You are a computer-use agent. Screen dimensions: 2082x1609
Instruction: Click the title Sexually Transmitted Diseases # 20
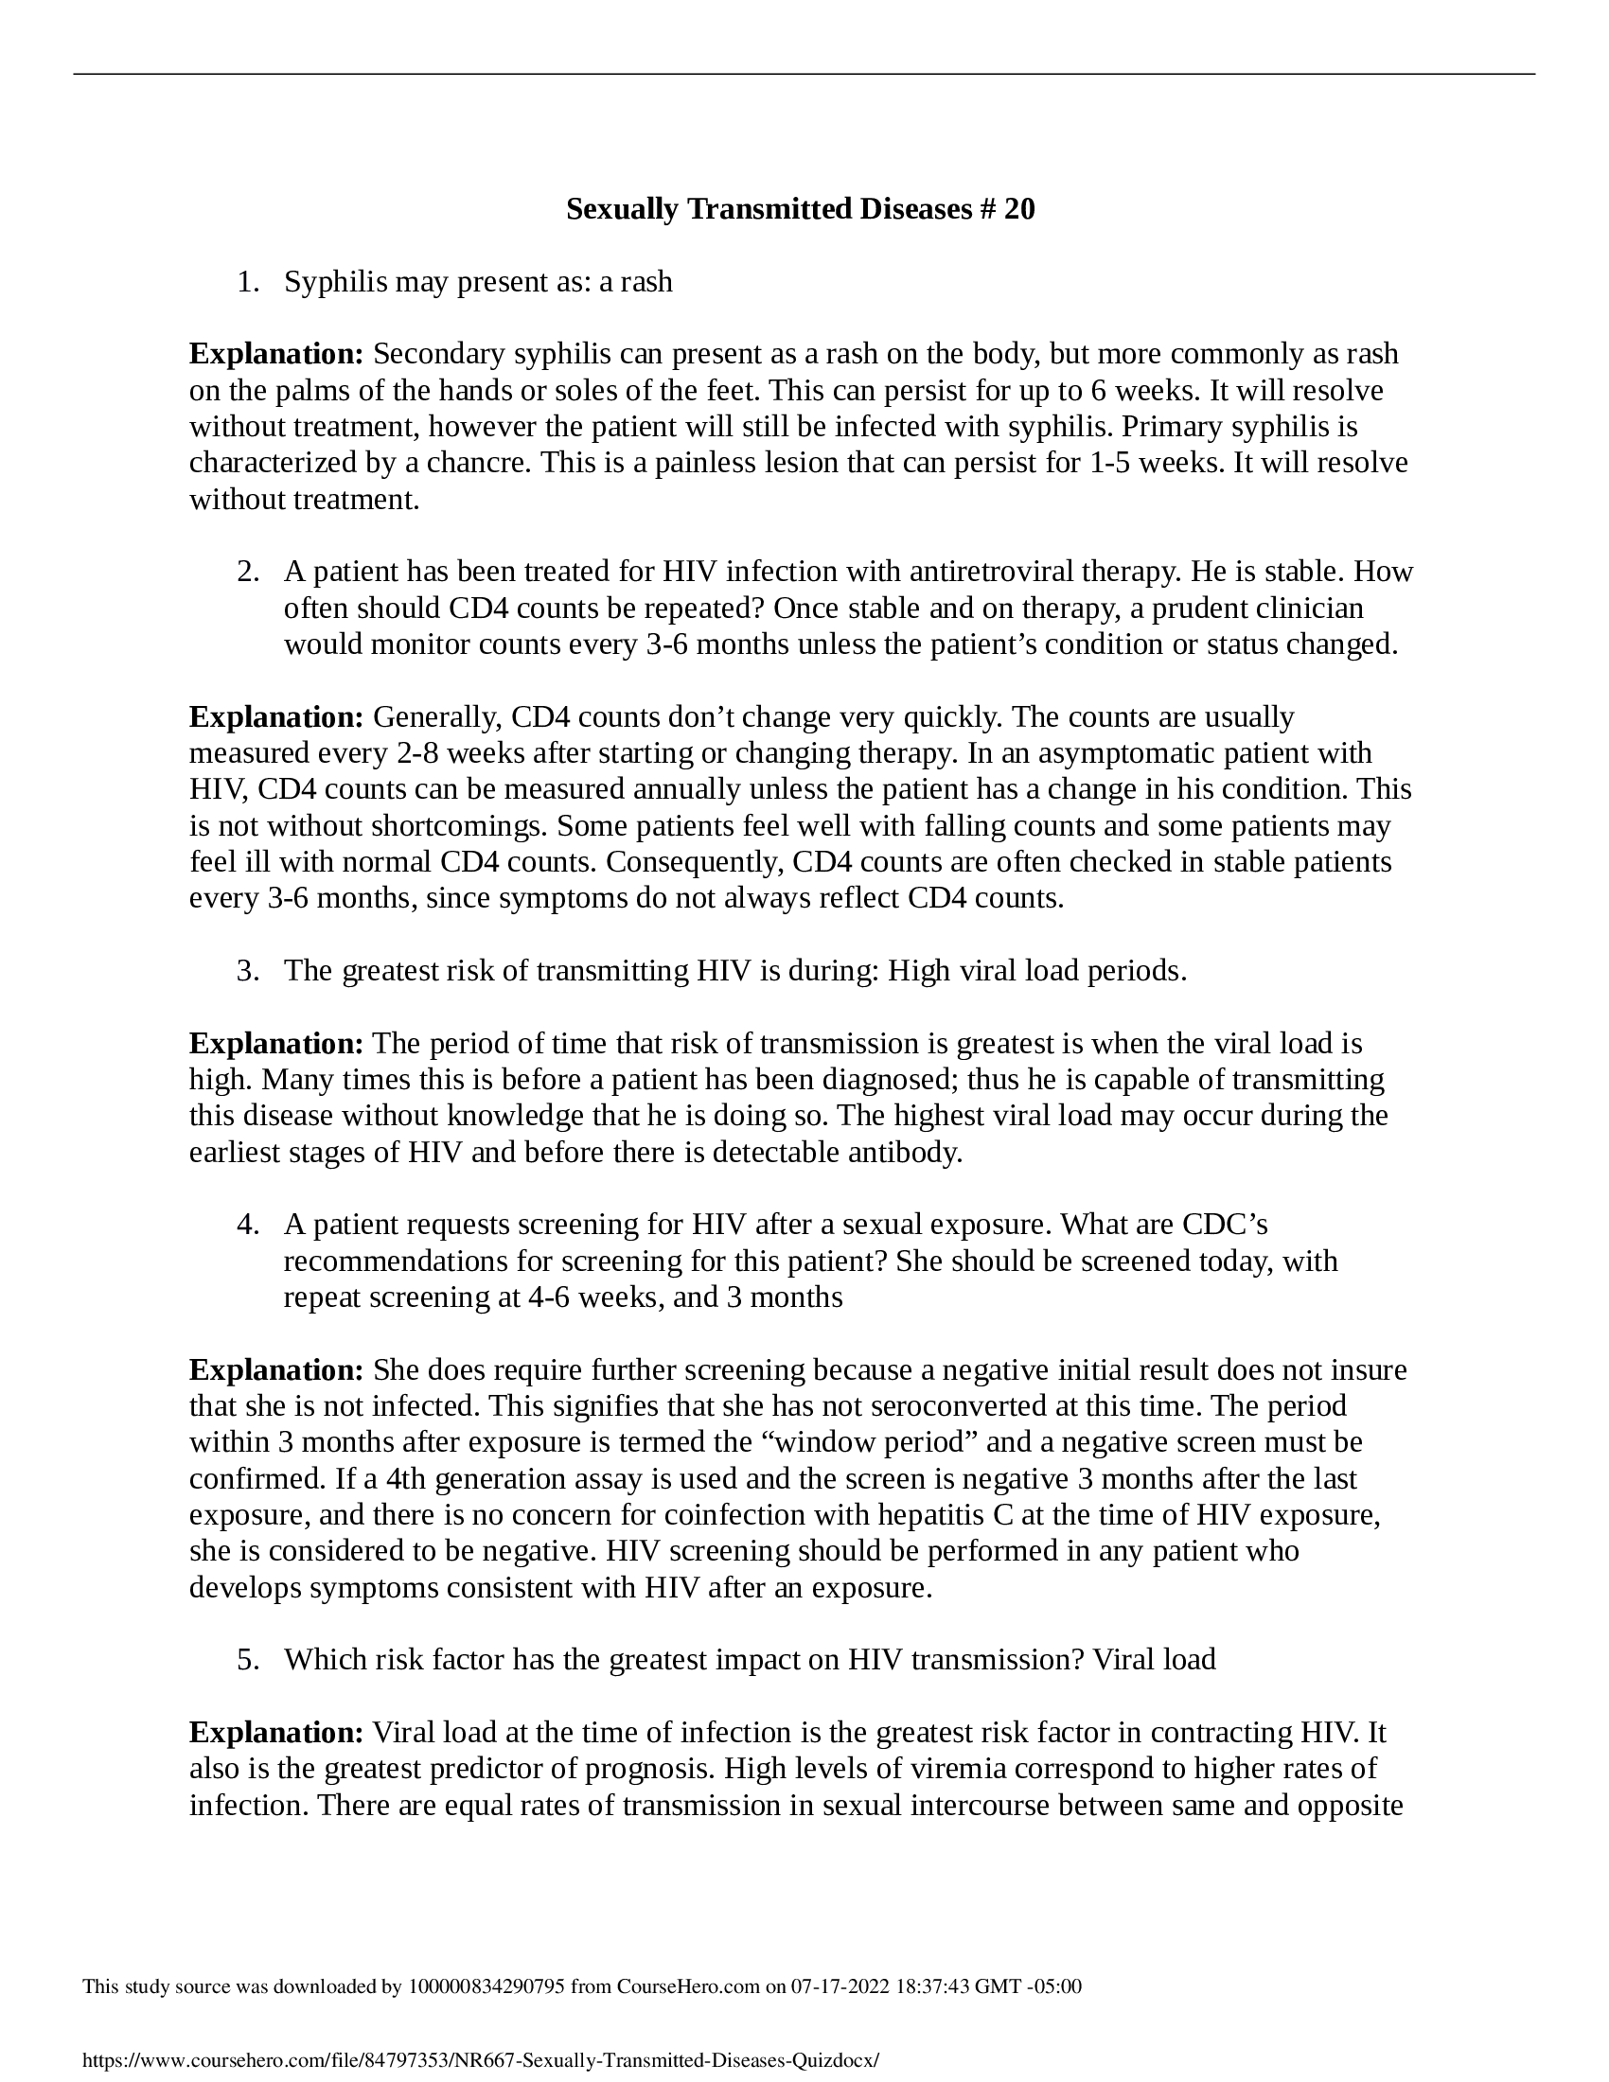click(x=800, y=209)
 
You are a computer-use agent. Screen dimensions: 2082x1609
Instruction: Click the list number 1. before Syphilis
click(x=247, y=282)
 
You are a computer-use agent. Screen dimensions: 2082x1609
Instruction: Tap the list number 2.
click(x=247, y=572)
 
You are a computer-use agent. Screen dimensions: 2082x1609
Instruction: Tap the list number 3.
click(x=247, y=970)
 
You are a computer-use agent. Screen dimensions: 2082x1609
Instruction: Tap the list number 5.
click(x=247, y=1660)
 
